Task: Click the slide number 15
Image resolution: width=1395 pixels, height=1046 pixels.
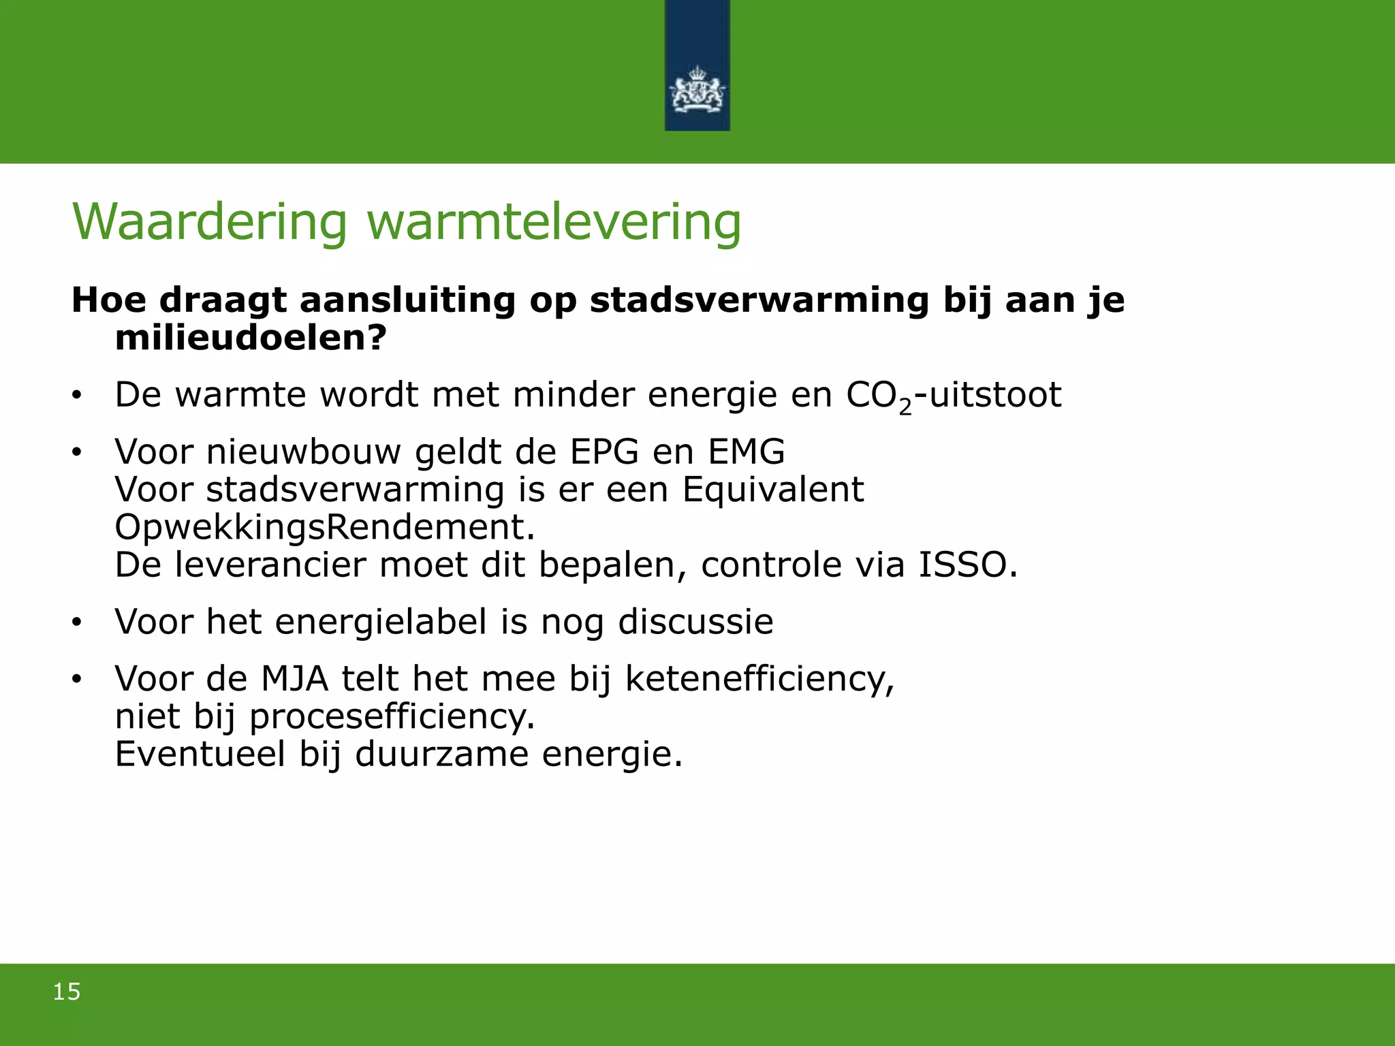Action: tap(67, 992)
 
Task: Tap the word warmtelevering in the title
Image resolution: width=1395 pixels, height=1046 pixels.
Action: tap(554, 222)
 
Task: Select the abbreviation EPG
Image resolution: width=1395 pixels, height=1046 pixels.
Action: tap(604, 451)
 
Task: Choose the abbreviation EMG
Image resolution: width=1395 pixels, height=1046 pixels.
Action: tap(747, 451)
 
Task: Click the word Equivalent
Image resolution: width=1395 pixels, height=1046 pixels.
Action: tap(773, 490)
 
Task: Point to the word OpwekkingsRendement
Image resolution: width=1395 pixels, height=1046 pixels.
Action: tap(324, 527)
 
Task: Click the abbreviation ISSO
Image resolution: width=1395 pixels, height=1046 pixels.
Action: tap(967, 565)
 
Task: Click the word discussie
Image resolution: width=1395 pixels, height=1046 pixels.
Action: tap(695, 622)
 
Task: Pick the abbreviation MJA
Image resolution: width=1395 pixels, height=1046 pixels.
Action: tap(294, 678)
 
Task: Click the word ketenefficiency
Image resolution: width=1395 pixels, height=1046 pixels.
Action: tap(759, 680)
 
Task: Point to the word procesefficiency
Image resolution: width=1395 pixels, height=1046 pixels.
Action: tap(392, 717)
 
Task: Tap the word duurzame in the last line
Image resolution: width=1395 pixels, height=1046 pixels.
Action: tap(441, 754)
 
